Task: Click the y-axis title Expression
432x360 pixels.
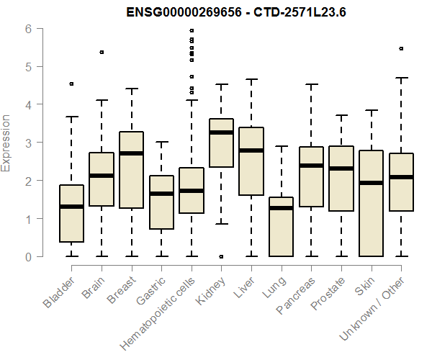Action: click(x=6, y=143)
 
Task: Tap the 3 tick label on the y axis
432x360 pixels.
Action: click(x=29, y=143)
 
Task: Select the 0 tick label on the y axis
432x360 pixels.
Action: click(x=29, y=256)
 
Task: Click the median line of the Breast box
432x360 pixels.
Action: click(x=131, y=153)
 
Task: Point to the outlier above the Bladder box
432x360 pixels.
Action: click(x=71, y=84)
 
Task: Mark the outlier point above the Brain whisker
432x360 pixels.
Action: click(x=102, y=52)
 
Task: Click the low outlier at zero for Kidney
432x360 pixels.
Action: click(x=221, y=256)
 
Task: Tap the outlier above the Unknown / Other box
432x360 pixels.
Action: click(x=401, y=49)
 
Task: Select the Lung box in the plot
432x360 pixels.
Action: click(x=281, y=227)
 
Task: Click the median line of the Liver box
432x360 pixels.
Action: click(x=251, y=150)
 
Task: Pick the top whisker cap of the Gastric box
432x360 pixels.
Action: click(x=161, y=143)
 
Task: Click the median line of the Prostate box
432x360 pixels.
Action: click(x=341, y=168)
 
